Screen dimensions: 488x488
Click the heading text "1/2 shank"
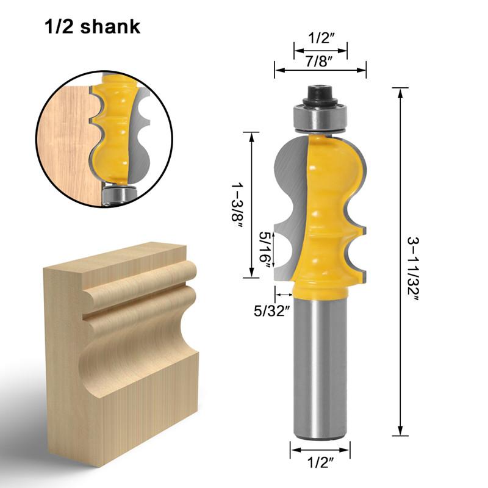click(x=91, y=27)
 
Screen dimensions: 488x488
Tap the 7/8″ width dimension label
click(x=320, y=61)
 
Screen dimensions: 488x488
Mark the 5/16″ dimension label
click(x=264, y=246)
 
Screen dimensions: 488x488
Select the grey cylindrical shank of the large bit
click(x=320, y=366)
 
